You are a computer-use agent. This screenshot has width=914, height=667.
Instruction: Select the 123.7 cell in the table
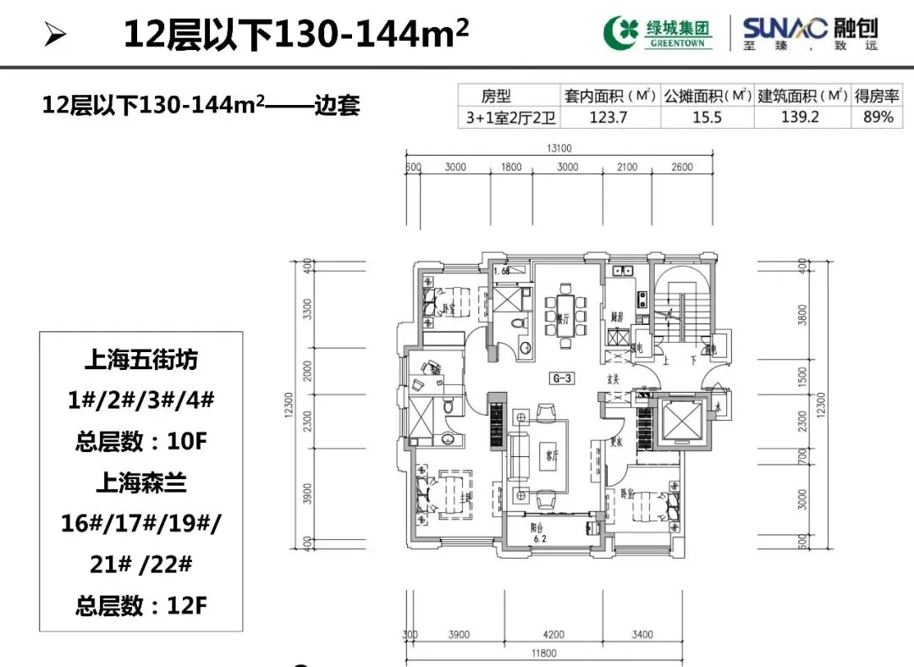pos(608,117)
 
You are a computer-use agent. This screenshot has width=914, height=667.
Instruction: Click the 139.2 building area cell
pos(800,117)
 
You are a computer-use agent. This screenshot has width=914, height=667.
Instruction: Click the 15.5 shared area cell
pos(707,117)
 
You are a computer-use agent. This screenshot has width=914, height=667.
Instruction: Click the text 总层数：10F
pos(141,441)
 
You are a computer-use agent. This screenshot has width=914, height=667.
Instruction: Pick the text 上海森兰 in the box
pos(141,483)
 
